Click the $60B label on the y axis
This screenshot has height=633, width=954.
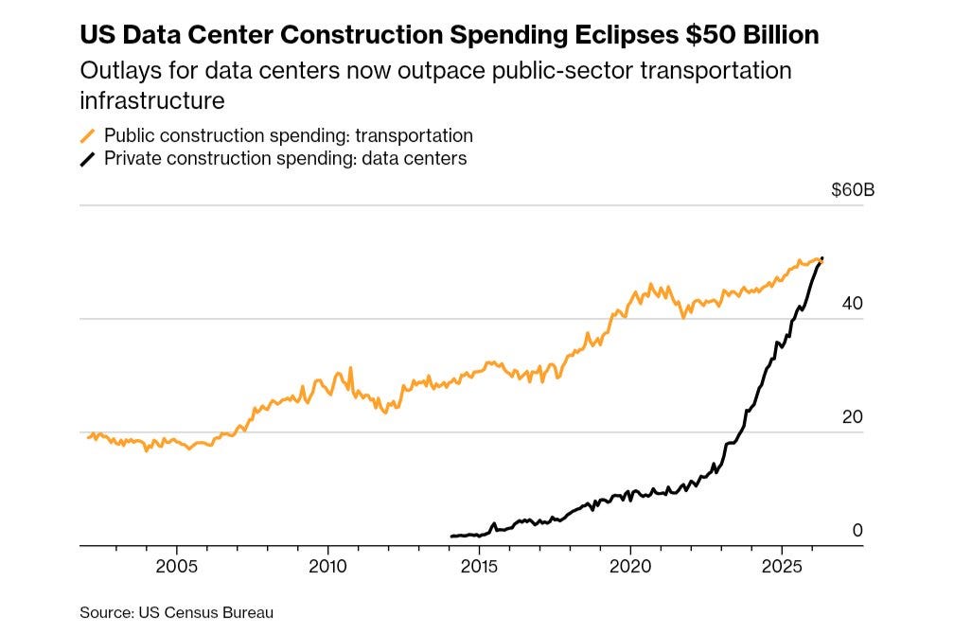(x=853, y=190)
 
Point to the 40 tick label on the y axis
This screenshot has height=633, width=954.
(x=853, y=304)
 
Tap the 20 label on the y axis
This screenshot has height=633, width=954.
(x=853, y=417)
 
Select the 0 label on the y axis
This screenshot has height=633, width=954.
(x=857, y=530)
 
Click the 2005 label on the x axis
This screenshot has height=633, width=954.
(x=176, y=567)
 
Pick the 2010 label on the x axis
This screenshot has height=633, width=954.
(x=327, y=567)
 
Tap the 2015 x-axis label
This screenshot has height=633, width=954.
(x=479, y=567)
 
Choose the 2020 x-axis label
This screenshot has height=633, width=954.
(x=630, y=567)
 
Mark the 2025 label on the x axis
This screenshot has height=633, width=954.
(x=782, y=567)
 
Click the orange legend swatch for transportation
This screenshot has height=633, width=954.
(x=88, y=136)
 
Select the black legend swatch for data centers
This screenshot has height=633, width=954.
(x=88, y=159)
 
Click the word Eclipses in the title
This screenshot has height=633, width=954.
(x=627, y=35)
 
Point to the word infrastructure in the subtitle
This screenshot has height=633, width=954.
(x=152, y=101)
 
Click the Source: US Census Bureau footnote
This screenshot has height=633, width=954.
(x=176, y=612)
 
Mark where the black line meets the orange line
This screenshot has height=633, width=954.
(x=821, y=260)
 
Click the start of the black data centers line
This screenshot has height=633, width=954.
(x=451, y=536)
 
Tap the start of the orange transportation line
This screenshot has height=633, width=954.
(x=89, y=437)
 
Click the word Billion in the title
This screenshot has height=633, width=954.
(x=780, y=35)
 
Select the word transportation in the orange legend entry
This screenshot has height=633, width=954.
(x=414, y=135)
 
